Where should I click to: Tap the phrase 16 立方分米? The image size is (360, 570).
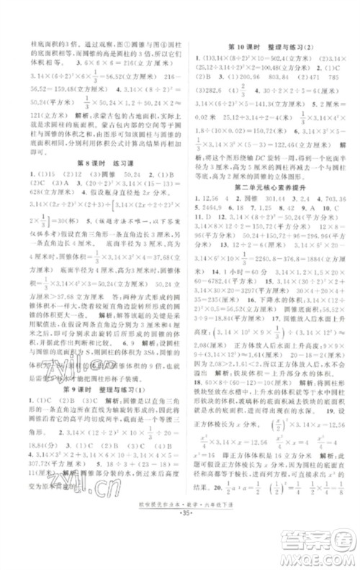(287, 478)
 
